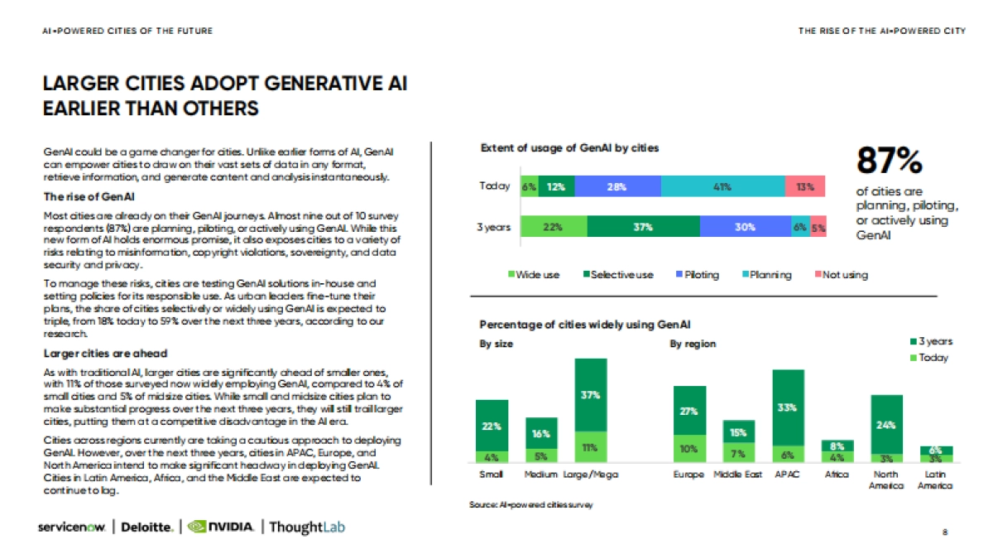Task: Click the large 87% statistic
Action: click(x=889, y=161)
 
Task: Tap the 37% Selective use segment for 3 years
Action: click(x=644, y=226)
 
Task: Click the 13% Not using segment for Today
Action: click(x=804, y=187)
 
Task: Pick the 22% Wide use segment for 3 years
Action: click(x=553, y=226)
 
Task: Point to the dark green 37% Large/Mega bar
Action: click(x=590, y=395)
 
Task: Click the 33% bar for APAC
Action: click(x=787, y=407)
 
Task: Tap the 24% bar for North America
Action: click(x=886, y=424)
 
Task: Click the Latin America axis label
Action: click(x=935, y=479)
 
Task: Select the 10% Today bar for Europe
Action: click(x=688, y=448)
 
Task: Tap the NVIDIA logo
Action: click(x=221, y=527)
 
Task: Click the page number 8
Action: click(x=944, y=532)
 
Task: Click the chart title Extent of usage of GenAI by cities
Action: click(x=569, y=148)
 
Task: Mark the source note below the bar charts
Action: click(x=530, y=504)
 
